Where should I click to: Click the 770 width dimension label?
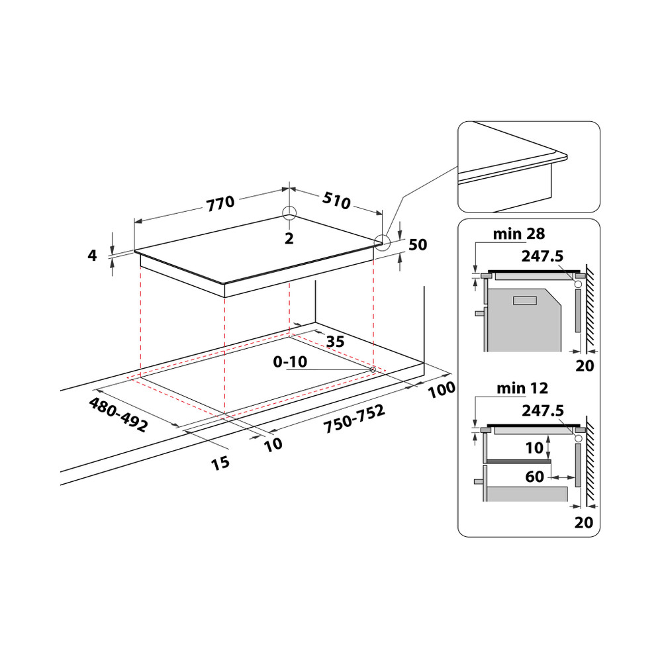[220, 203]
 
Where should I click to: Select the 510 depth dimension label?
[336, 201]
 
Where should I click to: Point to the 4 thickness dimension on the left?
[93, 255]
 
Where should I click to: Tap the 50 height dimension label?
[418, 245]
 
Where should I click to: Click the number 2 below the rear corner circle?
[289, 239]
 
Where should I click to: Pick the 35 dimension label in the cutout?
[336, 342]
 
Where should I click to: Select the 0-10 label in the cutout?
[289, 362]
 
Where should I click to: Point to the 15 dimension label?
[220, 462]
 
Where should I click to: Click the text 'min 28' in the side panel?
[518, 234]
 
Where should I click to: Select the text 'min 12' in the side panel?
[522, 388]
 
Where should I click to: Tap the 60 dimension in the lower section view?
[535, 475]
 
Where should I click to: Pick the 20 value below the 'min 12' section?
[583, 522]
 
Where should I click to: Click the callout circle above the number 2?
[289, 214]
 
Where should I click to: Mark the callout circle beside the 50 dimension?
[382, 242]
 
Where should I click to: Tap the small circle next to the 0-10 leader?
[373, 369]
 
